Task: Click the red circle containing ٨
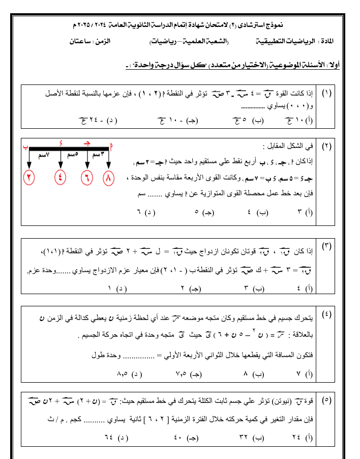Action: point(109,179)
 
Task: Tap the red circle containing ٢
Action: point(30,179)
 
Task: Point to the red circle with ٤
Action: point(61,179)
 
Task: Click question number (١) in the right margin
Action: point(326,94)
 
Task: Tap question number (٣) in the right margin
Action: point(326,246)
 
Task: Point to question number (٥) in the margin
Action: point(326,400)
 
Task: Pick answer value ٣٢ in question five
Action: point(245,437)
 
